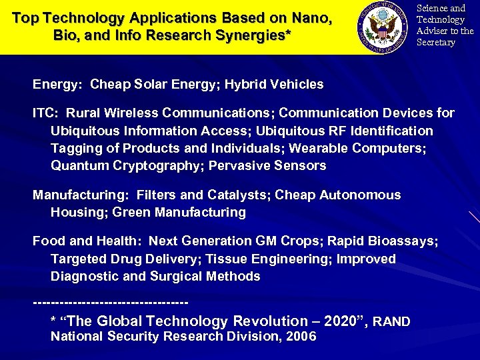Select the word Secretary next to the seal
click(436, 43)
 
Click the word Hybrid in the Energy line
click(251, 85)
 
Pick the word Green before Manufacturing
click(133, 213)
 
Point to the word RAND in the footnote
click(391, 322)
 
